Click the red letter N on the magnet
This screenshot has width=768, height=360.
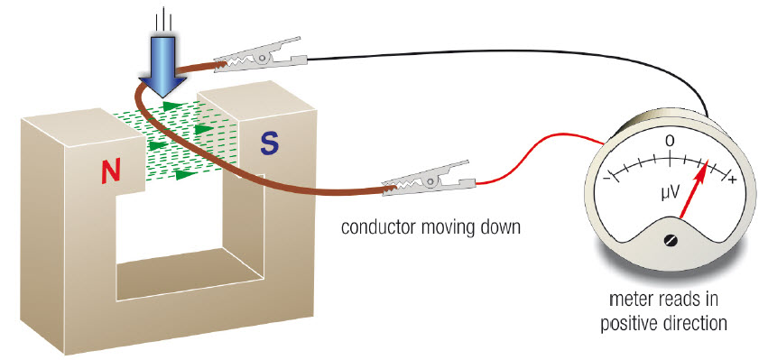pos(111,172)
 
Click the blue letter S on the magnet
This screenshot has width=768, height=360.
pos(270,143)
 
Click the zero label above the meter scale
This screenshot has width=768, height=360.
pos(670,141)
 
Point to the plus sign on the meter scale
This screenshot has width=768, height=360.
pos(733,180)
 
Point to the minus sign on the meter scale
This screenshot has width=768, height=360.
pos(606,177)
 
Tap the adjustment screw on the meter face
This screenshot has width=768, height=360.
pos(669,241)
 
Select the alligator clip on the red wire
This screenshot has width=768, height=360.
pos(429,179)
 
